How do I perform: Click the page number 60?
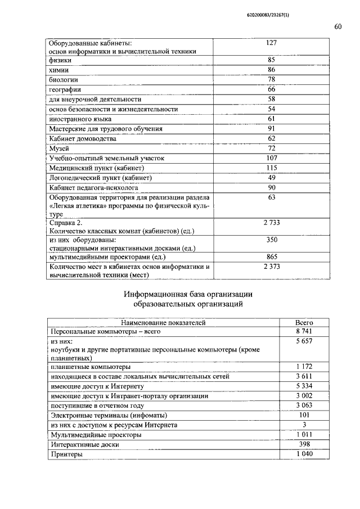(x=337, y=27)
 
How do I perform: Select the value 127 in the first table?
(x=272, y=43)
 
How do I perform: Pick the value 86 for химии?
(x=272, y=69)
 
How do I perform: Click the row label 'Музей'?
(x=60, y=148)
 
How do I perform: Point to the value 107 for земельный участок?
(x=272, y=158)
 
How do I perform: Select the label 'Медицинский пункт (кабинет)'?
(x=97, y=168)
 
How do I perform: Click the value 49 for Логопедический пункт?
(x=272, y=178)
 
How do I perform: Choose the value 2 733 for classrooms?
(x=272, y=223)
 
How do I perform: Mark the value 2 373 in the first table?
(x=272, y=266)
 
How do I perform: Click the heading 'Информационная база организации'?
(x=188, y=294)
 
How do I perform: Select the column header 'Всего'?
(x=304, y=322)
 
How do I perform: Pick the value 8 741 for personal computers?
(x=304, y=332)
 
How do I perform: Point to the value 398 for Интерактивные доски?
(x=304, y=444)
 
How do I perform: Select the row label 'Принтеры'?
(x=66, y=454)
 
